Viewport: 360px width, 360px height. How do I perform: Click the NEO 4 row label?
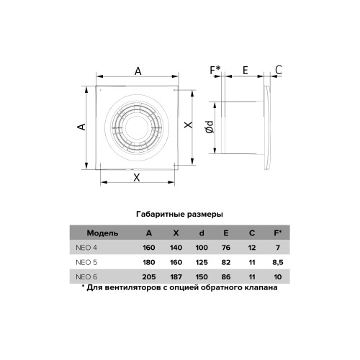coord(86,248)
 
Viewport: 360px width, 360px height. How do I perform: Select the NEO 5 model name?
coord(86,262)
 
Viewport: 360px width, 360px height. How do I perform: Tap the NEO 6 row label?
coord(86,277)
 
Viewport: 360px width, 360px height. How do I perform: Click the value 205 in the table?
coord(149,277)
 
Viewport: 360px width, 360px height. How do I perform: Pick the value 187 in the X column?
coord(176,277)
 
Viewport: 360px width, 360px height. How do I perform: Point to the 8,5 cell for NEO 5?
coord(278,262)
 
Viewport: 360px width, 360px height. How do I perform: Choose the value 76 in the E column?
coord(226,248)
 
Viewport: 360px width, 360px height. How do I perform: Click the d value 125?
coord(202,262)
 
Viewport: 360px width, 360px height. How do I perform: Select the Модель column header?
coord(102,233)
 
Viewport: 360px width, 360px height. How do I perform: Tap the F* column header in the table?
coord(278,233)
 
